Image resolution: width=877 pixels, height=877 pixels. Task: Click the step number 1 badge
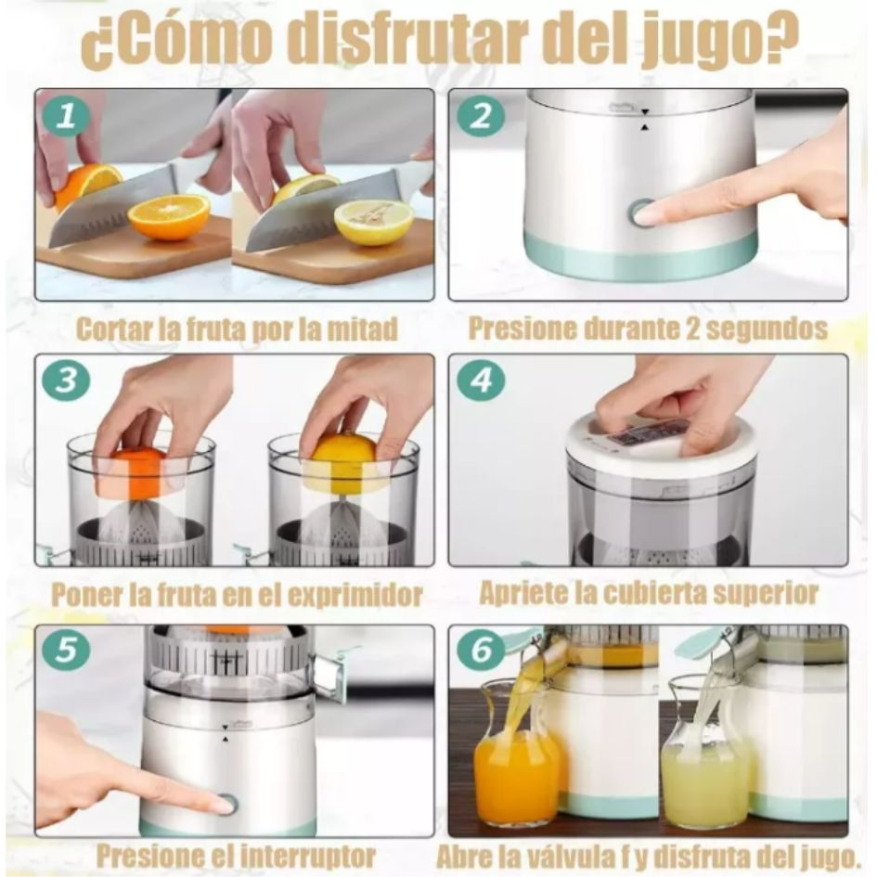pos(66,117)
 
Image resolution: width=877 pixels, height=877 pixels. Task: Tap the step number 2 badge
pos(481,117)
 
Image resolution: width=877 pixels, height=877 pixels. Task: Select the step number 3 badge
pos(66,381)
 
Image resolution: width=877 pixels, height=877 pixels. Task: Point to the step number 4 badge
pos(481,381)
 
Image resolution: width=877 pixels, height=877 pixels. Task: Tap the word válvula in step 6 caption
pos(593,855)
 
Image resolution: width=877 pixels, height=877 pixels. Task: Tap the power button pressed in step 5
pos(226,804)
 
